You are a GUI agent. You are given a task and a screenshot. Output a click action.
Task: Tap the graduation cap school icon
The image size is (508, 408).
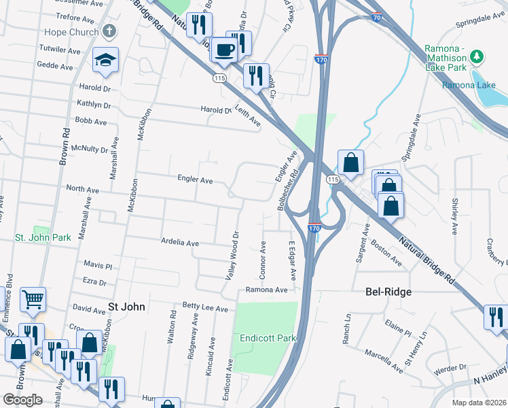point(107,61)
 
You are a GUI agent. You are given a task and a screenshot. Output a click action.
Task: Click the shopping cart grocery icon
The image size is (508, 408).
point(33,299)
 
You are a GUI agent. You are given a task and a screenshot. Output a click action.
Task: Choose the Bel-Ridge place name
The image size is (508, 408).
point(388,292)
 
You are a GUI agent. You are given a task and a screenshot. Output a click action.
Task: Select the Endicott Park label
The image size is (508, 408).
point(265,338)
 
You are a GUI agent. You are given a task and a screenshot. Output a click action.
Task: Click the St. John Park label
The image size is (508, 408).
point(43,238)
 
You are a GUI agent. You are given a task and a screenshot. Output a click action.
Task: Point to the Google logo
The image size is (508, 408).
point(22,399)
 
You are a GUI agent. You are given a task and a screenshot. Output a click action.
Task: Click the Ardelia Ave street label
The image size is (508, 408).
point(179,243)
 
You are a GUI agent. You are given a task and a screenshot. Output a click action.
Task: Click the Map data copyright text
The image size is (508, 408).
point(478,403)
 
